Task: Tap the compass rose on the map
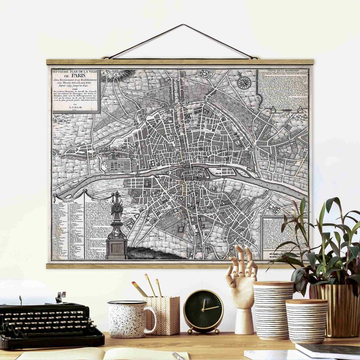click(x=244, y=82)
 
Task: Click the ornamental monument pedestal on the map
click(x=116, y=247)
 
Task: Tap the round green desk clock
click(x=203, y=311)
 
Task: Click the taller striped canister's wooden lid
click(x=273, y=284)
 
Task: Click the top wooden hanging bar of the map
click(x=180, y=62)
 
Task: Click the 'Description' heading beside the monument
click(x=98, y=199)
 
